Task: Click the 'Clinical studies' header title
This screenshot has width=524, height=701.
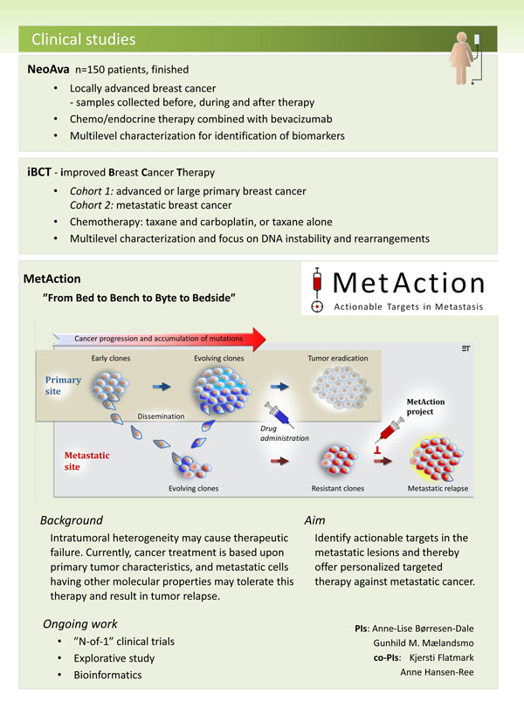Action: tap(83, 39)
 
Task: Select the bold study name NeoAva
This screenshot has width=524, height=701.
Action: tap(48, 69)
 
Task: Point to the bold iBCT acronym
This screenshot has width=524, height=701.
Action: tap(39, 172)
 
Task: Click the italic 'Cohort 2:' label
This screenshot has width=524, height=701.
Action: tap(91, 205)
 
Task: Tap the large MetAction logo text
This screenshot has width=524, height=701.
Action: tap(409, 283)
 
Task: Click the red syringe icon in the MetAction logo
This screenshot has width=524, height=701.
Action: tap(317, 284)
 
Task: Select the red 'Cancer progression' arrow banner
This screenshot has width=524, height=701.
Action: tap(159, 339)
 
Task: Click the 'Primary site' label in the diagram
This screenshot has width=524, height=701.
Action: tap(63, 385)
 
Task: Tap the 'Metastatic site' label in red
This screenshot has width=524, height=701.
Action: tap(86, 461)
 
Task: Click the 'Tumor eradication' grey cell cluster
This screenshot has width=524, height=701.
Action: tap(342, 387)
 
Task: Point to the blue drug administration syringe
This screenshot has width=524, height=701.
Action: tap(279, 415)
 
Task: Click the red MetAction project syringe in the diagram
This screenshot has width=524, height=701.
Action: tap(389, 431)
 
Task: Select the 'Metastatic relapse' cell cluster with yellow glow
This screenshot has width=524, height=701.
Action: tap(436, 458)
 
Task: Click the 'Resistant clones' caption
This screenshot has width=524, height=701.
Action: tap(338, 488)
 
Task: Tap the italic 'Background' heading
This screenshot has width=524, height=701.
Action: tap(72, 520)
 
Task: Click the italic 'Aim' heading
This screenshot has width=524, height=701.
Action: tap(314, 520)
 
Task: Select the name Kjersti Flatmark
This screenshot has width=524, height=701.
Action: tap(441, 657)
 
